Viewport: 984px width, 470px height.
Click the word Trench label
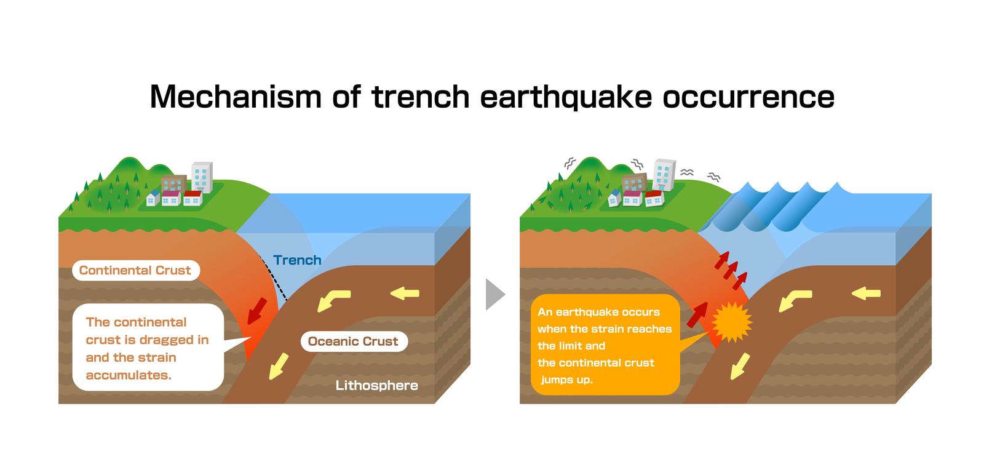tap(297, 260)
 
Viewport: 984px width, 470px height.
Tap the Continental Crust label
tap(135, 270)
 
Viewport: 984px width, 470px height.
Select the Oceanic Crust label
tap(354, 341)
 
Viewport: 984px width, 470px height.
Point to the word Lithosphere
tap(377, 386)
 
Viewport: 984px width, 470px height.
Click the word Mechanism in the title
tap(236, 97)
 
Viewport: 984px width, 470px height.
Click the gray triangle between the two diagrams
tap(495, 294)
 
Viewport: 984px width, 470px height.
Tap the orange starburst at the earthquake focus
tap(731, 322)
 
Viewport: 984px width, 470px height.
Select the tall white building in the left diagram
tap(202, 177)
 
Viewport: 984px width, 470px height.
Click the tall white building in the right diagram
tap(664, 175)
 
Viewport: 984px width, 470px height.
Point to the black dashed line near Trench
tap(274, 278)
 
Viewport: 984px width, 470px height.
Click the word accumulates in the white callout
tap(128, 375)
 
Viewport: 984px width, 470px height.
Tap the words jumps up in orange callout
tap(566, 380)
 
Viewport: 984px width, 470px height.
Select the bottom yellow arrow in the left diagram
tap(279, 366)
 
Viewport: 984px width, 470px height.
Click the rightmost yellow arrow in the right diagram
tap(867, 293)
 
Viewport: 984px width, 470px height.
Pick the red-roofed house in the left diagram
tap(192, 198)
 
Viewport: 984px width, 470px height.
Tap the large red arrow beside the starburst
tap(697, 314)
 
